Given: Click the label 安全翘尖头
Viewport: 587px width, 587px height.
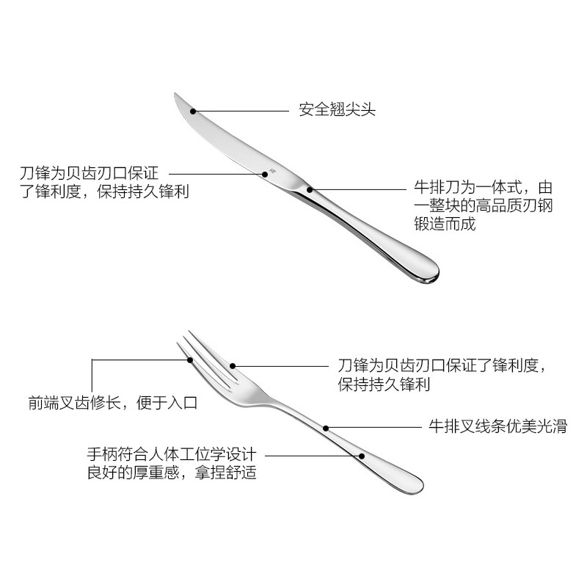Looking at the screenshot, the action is [337, 110].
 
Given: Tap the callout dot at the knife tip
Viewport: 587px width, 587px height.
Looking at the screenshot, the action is [194, 111].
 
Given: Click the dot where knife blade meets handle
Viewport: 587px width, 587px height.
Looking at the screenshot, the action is [310, 189].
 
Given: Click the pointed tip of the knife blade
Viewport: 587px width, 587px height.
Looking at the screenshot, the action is [174, 96].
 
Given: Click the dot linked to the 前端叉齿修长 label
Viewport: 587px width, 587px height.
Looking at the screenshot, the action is [190, 360].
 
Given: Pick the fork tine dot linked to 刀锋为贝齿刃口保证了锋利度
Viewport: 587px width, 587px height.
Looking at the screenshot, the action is [233, 365].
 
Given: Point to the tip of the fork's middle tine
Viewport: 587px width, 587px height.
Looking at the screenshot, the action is [190, 332].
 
